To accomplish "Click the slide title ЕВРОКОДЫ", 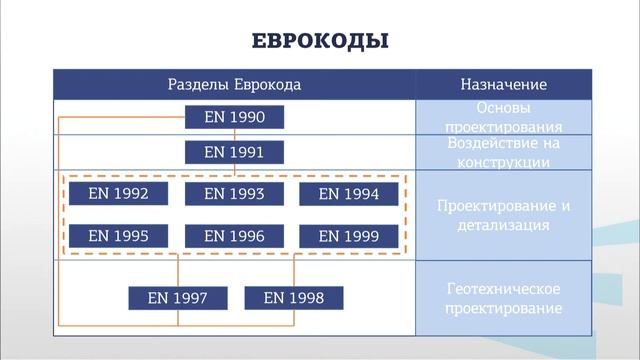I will [319, 41].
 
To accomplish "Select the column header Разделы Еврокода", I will [233, 85].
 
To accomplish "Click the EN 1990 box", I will [234, 118].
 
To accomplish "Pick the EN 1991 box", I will [234, 152].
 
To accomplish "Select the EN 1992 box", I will [119, 194].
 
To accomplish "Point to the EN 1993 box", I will [234, 194].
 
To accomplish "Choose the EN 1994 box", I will [349, 194].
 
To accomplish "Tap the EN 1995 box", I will [119, 236].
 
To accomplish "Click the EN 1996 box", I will [234, 236].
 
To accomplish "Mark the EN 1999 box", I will [349, 236].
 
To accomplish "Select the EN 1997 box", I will [178, 297].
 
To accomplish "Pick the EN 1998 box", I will [293, 297].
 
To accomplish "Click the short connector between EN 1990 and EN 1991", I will [234, 135].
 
